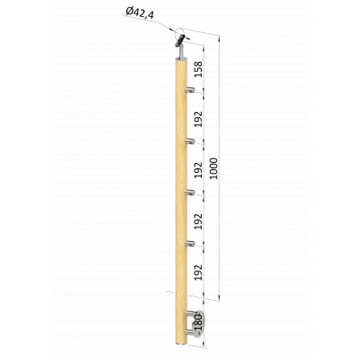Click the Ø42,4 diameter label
pyautogui.click(x=140, y=13)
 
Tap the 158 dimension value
pyautogui.click(x=198, y=69)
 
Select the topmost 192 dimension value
pyautogui.click(x=198, y=119)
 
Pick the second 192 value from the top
pyautogui.click(x=198, y=170)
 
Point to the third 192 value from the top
pyautogui.click(x=198, y=221)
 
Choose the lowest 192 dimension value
pyautogui.click(x=198, y=272)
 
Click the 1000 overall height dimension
pyautogui.click(x=213, y=168)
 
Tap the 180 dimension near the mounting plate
pyautogui.click(x=199, y=322)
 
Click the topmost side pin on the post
pyautogui.click(x=190, y=90)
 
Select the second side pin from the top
pyautogui.click(x=190, y=141)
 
